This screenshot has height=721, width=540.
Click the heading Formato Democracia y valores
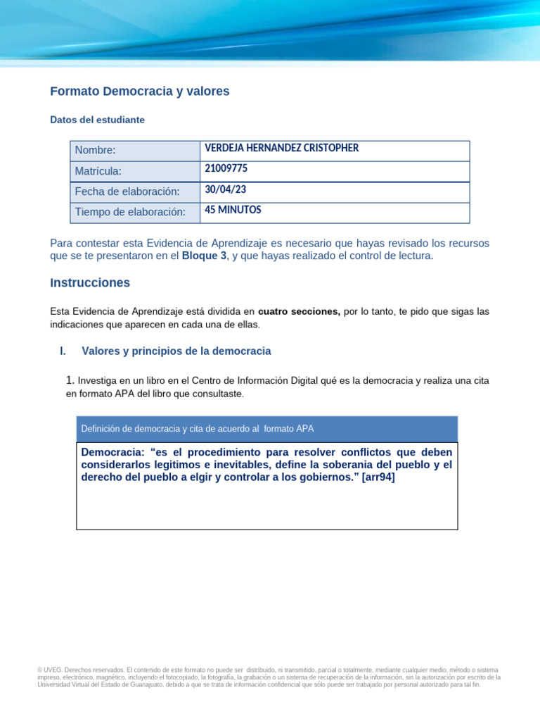tap(140, 92)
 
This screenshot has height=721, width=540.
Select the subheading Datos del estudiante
tap(98, 120)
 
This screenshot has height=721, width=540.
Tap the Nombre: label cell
tap(95, 150)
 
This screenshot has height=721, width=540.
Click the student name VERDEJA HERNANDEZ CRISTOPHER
tap(281, 148)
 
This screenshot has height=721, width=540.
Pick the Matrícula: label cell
tap(98, 171)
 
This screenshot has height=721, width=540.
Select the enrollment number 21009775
tap(226, 169)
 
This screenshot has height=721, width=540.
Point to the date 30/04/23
tap(225, 190)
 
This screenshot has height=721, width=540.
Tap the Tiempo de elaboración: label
tap(130, 213)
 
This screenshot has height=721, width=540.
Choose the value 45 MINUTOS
tap(233, 210)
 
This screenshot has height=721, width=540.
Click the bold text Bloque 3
tap(204, 256)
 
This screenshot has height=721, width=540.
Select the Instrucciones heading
tap(90, 283)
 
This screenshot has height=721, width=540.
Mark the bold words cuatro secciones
tap(299, 311)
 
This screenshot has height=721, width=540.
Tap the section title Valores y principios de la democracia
tap(176, 351)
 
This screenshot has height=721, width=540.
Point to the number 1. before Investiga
tap(70, 380)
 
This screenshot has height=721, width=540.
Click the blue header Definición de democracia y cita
tap(198, 429)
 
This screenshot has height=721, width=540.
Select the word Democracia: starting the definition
tap(113, 452)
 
